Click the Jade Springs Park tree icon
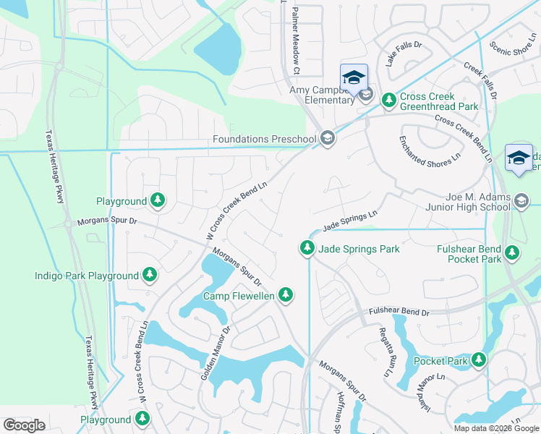pyautogui.click(x=307, y=249)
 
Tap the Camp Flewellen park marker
pyautogui.click(x=287, y=294)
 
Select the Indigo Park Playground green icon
pyautogui.click(x=149, y=275)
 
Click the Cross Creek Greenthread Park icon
pyautogui.click(x=388, y=98)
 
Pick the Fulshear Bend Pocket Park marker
pyautogui.click(x=512, y=252)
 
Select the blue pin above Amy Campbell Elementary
pyautogui.click(x=354, y=78)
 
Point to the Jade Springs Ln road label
pyautogui.click(x=350, y=221)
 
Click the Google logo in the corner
pyautogui.click(x=25, y=425)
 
